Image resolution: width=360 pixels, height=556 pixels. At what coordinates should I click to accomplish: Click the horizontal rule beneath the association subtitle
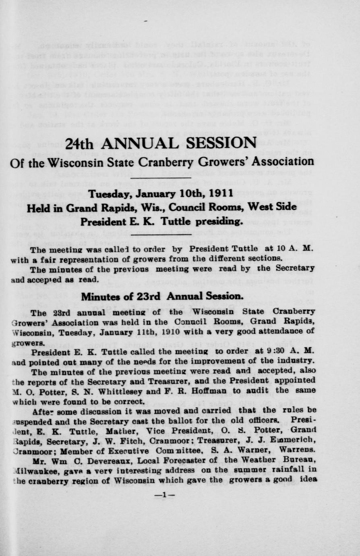click(x=161, y=177)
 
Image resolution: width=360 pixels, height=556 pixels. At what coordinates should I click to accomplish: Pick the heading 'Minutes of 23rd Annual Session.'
click(x=162, y=296)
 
